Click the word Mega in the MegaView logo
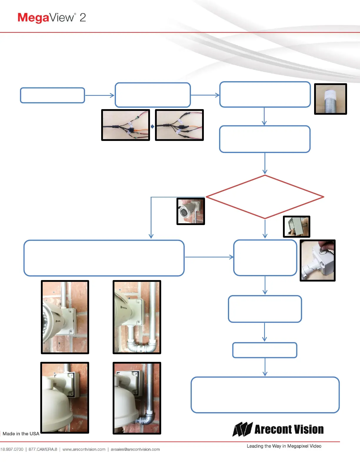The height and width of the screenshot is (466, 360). [33, 18]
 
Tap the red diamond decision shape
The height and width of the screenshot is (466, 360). [265, 197]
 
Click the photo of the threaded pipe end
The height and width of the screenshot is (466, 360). [331, 99]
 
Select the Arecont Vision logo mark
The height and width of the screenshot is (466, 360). [242, 430]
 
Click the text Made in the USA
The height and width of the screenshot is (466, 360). [21, 434]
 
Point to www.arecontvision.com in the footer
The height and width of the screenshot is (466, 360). [84, 449]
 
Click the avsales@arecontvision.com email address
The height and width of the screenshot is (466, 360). [135, 449]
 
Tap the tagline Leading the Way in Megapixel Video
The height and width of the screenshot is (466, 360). [284, 446]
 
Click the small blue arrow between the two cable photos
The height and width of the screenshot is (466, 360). [152, 127]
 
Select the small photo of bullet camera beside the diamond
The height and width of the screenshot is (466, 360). [191, 212]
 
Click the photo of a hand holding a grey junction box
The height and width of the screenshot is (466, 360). [296, 227]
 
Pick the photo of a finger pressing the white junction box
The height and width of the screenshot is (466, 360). [317, 260]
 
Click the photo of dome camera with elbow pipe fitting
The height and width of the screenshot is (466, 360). [137, 398]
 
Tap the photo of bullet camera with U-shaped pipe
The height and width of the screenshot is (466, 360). [137, 317]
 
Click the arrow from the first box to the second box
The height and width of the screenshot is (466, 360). [99, 95]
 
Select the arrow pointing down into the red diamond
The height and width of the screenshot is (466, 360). [265, 164]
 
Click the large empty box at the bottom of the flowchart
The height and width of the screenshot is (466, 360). [265, 395]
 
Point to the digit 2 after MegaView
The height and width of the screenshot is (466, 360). [83, 18]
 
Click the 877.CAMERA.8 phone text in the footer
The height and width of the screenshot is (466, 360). [43, 449]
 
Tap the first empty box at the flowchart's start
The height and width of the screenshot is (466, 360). [52, 95]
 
